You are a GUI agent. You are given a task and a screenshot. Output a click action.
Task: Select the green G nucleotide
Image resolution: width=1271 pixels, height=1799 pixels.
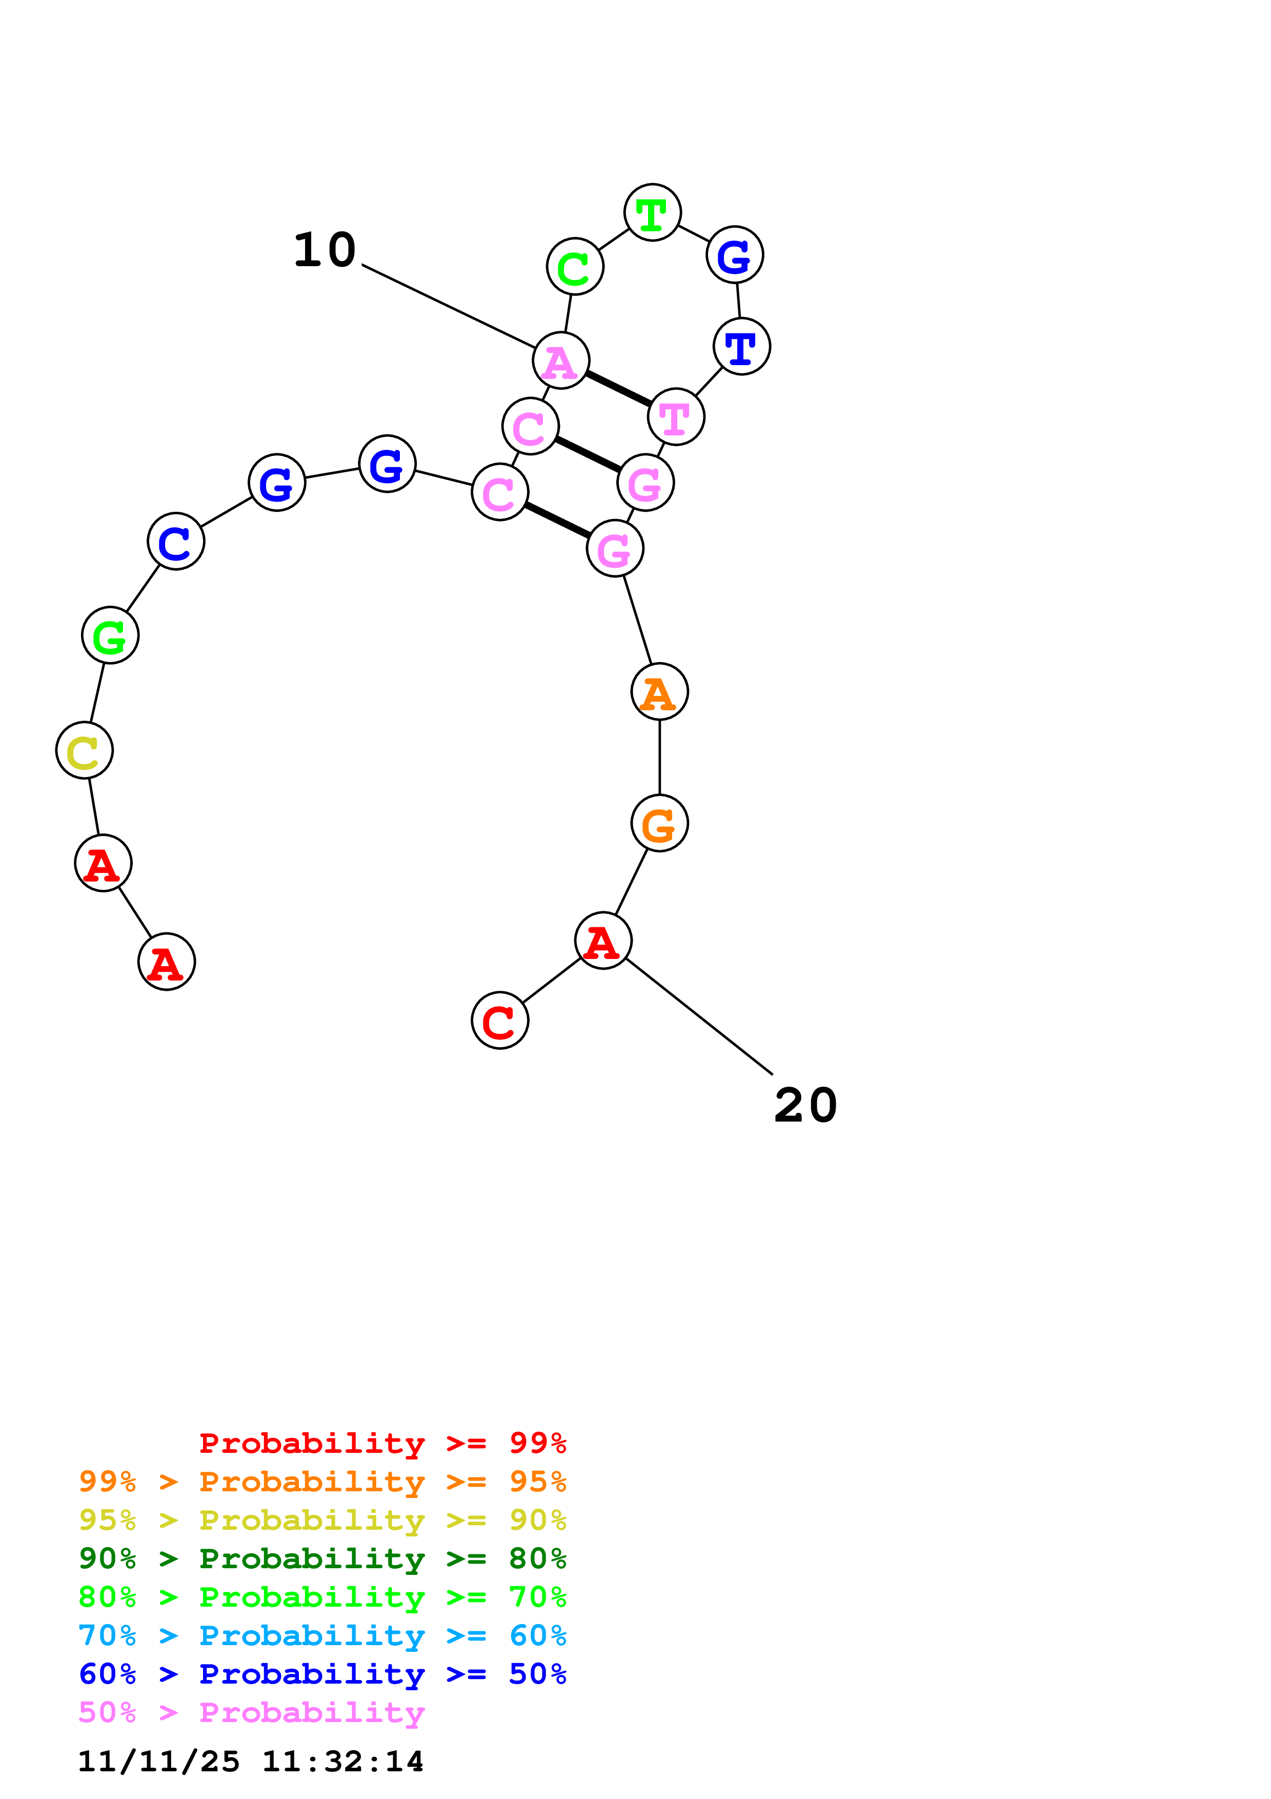[x=110, y=635]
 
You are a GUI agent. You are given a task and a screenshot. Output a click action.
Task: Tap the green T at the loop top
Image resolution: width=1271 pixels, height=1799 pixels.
[x=652, y=212]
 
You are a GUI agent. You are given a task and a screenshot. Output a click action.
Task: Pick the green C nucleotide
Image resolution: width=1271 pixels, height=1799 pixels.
[x=575, y=266]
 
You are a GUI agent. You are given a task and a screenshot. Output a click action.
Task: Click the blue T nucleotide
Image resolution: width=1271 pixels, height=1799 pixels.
[x=741, y=346]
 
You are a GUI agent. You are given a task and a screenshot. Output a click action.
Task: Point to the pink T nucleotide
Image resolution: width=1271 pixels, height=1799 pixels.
[x=676, y=417]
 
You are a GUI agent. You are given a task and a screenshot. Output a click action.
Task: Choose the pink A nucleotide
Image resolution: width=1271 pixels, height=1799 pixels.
[x=561, y=361]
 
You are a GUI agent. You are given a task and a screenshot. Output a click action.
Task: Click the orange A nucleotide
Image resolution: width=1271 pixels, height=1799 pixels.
[x=659, y=692]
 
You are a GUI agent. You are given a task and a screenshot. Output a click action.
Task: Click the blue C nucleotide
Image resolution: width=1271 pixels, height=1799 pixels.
[x=176, y=542]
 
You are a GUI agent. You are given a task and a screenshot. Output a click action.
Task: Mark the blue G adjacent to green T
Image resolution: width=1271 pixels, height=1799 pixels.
[x=735, y=255]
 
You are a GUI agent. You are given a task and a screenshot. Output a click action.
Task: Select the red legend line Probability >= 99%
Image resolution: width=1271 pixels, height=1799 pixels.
[x=382, y=1443]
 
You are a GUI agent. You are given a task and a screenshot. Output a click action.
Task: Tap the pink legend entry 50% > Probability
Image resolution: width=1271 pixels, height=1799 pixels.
[x=251, y=1712]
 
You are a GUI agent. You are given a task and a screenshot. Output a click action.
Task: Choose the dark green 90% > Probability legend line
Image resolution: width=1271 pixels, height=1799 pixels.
[x=322, y=1557]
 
